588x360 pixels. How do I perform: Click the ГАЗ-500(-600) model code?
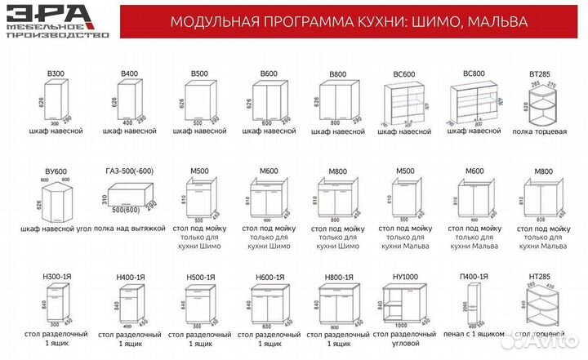(129, 171)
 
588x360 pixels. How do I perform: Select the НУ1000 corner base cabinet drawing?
(404, 304)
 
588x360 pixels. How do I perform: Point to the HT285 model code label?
(537, 278)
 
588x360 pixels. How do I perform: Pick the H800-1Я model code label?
(337, 278)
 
